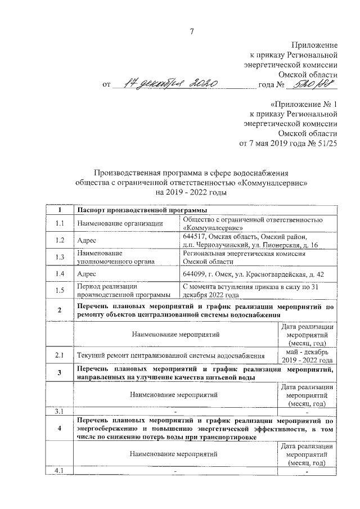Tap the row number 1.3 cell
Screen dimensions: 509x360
pos(60,257)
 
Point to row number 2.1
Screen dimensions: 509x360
pos(60,356)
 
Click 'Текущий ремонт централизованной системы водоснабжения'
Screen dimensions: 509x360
pos(171,356)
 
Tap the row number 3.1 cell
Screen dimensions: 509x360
pos(60,412)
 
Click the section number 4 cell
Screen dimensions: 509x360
pos(60,429)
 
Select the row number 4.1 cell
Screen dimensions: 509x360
pos(60,471)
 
